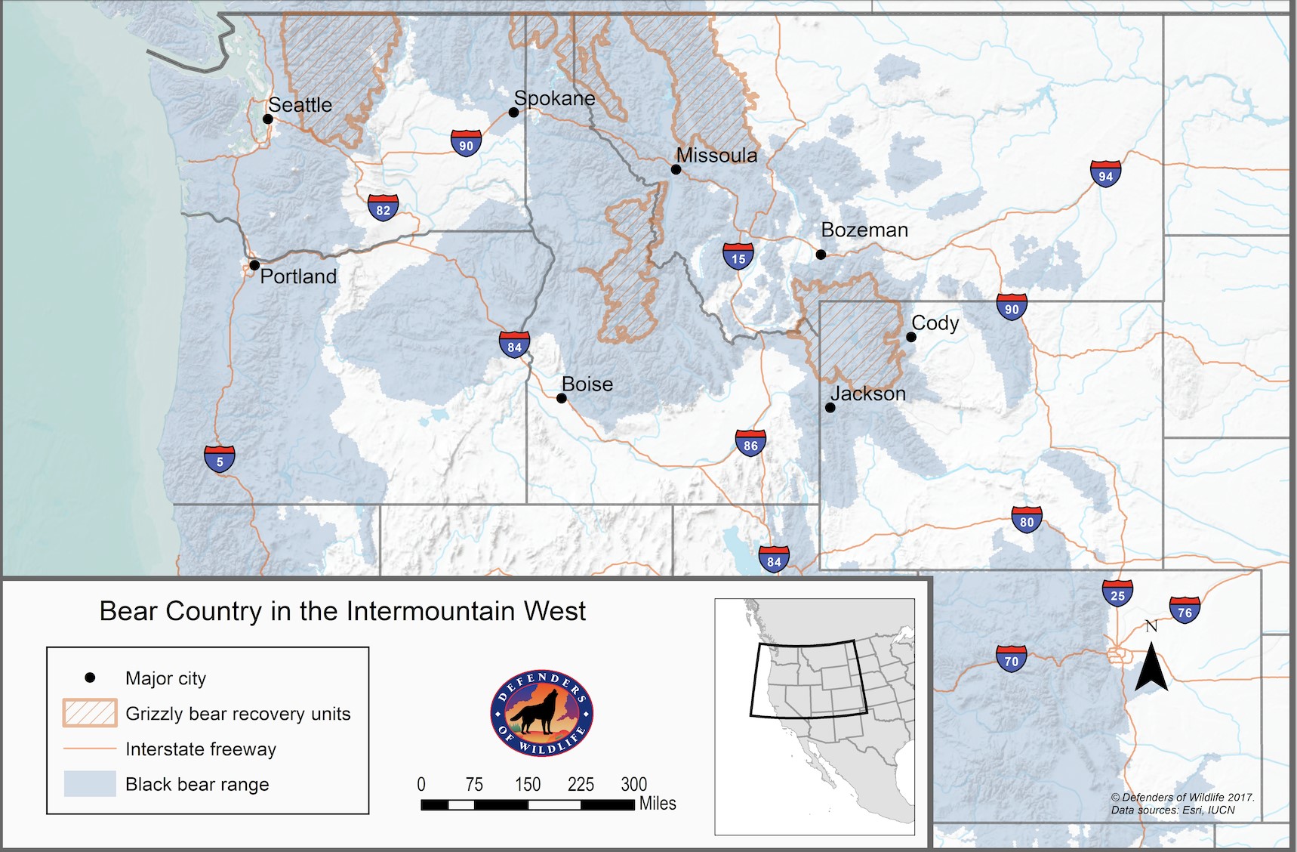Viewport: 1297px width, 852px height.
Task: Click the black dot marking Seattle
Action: tap(268, 119)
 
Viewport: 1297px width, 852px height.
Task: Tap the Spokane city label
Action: tap(554, 98)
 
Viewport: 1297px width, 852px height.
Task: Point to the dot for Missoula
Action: tap(676, 169)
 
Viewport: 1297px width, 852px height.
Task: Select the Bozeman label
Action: tap(864, 230)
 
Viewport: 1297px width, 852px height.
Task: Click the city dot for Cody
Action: tap(911, 337)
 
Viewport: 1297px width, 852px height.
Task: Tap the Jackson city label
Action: tap(868, 394)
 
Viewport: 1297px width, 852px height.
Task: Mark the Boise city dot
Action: tap(562, 398)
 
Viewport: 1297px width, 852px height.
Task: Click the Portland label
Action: tap(298, 276)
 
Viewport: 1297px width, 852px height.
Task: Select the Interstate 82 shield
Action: tap(383, 208)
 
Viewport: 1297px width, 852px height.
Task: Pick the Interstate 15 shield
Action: tap(738, 256)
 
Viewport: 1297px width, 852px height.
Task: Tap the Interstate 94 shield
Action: tap(1106, 174)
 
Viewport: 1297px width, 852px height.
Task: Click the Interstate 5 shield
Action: tap(220, 458)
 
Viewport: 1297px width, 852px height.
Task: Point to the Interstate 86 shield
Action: tap(750, 443)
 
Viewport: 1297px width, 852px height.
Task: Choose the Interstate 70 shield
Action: tap(1012, 659)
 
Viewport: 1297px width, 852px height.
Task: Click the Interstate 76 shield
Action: tap(1185, 610)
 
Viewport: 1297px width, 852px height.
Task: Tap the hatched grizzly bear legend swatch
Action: tap(90, 713)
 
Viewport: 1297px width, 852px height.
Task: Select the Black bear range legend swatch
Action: tap(90, 784)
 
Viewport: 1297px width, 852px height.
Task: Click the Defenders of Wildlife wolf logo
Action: tap(542, 713)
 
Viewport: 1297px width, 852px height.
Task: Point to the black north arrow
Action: tap(1151, 666)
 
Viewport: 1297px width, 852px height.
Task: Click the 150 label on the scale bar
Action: tap(528, 785)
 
